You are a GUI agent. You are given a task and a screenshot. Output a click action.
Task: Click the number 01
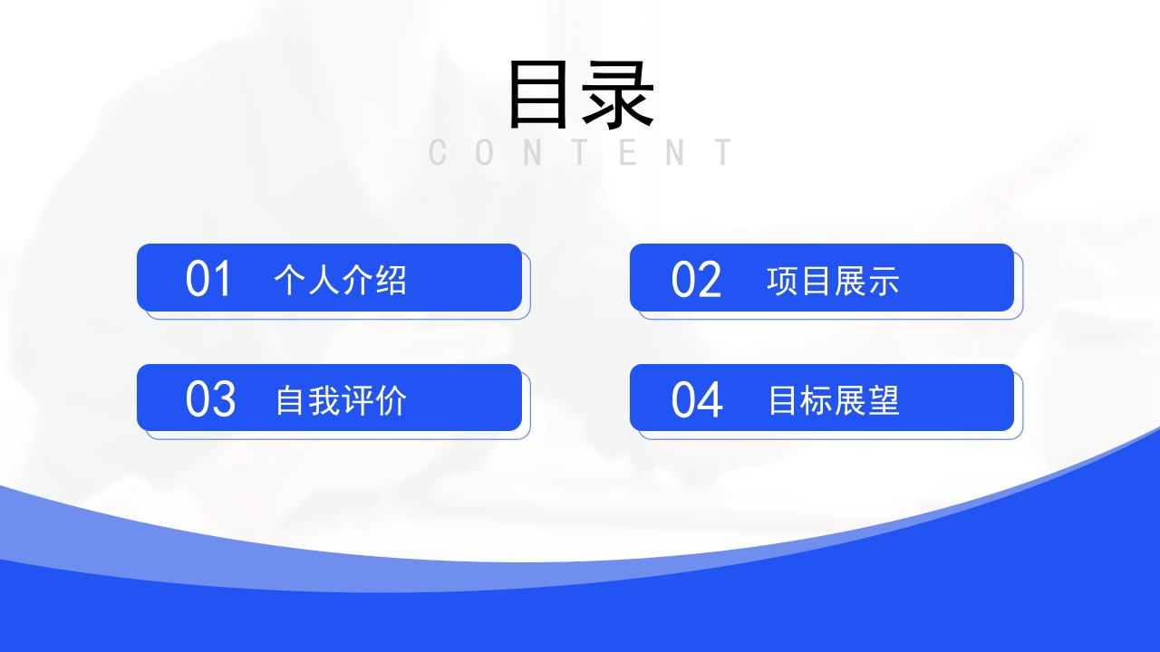coord(209,279)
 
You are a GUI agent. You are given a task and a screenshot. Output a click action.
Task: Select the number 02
coord(696,279)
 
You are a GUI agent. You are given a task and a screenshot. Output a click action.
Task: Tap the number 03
coord(210,399)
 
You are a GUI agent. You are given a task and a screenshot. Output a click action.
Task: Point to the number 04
coord(697,399)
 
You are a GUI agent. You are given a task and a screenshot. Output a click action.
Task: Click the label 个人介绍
coord(341,281)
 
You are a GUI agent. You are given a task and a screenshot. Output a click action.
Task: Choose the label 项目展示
coord(833,281)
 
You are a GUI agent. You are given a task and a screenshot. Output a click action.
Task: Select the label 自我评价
coord(341,400)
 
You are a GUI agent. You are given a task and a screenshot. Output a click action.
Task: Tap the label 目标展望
coord(833,400)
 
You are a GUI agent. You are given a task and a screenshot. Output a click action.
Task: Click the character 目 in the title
coord(543,94)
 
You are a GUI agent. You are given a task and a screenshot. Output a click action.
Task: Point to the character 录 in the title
coord(618,94)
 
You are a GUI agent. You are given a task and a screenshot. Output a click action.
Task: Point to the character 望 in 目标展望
coord(883,400)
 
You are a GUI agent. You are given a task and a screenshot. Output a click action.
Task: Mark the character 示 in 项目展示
coord(883,281)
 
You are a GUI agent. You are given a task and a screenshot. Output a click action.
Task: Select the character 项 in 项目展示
coord(783,281)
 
